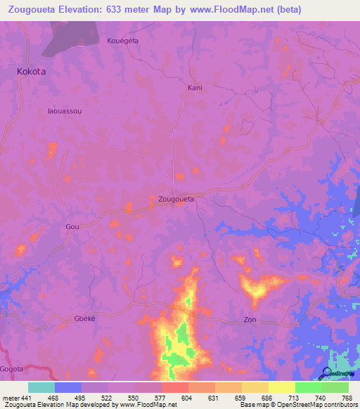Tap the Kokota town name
coord(32,72)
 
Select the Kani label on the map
coord(195,88)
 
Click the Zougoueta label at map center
coord(176,199)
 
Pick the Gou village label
coord(72,227)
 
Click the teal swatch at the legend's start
coord(41,387)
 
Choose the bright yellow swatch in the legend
coord(281,387)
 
